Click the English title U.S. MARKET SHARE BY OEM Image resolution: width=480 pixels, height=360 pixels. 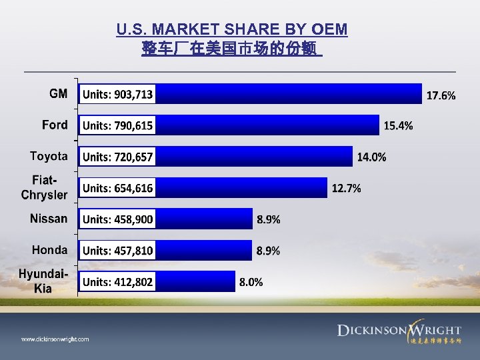pos(231,29)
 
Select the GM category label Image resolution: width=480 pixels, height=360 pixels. pos(59,94)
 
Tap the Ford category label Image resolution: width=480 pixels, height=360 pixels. pos(55,125)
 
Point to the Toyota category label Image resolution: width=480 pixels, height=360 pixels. pos(49,156)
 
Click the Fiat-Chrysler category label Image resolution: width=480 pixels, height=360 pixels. pos(45,187)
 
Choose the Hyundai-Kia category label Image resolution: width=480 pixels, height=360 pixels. pos(43,281)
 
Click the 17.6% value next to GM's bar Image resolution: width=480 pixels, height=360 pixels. pos(441,96)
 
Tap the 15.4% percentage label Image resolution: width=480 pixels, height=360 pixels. pos(398,126)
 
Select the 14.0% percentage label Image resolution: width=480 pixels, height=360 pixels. pos(371,157)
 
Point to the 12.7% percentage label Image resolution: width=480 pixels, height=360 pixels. pos(347,189)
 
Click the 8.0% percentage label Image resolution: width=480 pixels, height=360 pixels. pos(251,282)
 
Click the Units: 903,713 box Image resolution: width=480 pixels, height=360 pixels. pos(117,95)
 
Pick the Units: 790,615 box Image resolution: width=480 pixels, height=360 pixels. pos(117,125)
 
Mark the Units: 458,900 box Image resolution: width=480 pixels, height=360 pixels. pos(117,219)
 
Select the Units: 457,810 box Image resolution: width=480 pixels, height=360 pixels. pos(117,251)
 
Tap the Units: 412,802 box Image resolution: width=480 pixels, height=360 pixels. pos(117,282)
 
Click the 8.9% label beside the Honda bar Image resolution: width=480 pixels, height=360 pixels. pos(269,251)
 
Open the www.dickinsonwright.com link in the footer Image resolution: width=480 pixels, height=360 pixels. pos(55,339)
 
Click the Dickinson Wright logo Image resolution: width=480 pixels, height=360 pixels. pos(399,332)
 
